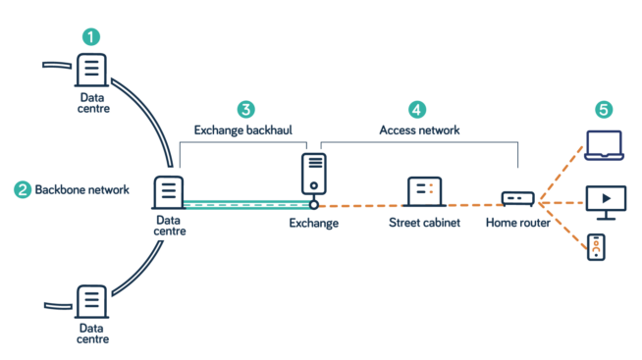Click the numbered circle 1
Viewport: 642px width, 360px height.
(x=91, y=37)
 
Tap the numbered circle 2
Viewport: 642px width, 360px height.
(x=22, y=189)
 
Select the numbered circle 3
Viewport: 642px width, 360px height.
(x=246, y=109)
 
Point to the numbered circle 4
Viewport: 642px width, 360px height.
(x=417, y=109)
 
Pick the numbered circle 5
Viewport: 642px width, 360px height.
(x=604, y=110)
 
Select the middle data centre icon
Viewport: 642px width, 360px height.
(x=168, y=191)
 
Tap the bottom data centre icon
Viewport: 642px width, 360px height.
(x=91, y=301)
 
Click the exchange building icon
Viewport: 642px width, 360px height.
(x=314, y=174)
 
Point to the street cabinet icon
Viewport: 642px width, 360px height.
(x=424, y=191)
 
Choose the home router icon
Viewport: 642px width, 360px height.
(x=517, y=198)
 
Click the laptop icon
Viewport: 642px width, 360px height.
(x=604, y=145)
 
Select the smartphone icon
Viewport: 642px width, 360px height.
(x=596, y=247)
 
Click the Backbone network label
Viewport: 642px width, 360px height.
(x=81, y=189)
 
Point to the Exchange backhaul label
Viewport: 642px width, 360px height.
(x=242, y=129)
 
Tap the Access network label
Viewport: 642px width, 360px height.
(x=419, y=129)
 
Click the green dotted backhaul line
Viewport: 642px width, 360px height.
(x=245, y=204)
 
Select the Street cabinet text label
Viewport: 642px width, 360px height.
(x=424, y=223)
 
